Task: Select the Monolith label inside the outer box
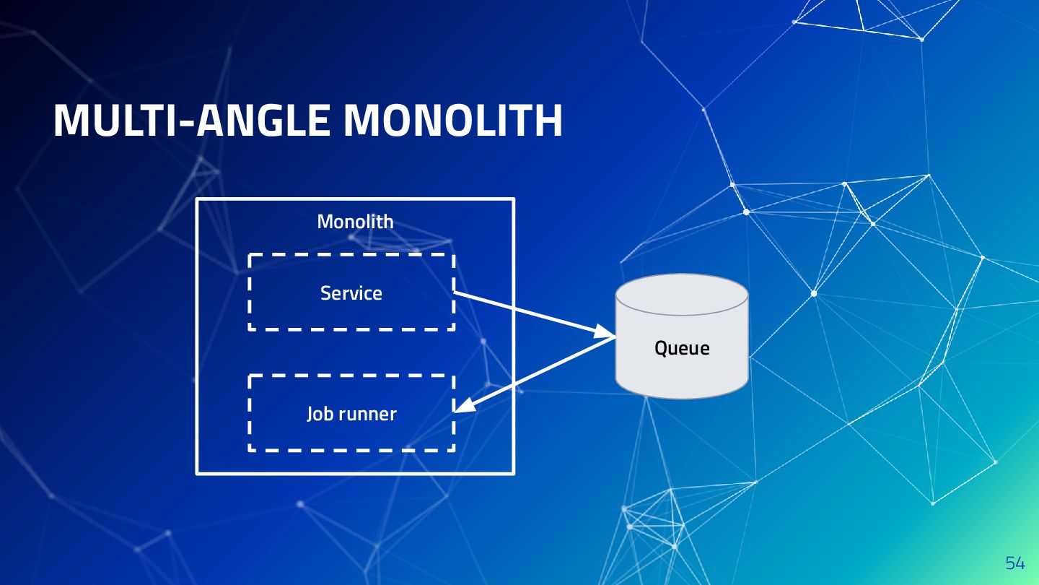coord(356,222)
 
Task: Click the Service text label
coord(351,293)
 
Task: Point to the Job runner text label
coord(351,414)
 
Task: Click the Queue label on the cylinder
coord(682,348)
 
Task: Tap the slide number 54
coord(1014,563)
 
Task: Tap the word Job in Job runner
coord(317,414)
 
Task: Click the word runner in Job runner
coord(367,414)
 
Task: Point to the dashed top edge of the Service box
coord(351,255)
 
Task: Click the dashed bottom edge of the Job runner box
coord(351,450)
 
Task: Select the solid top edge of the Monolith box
coord(356,199)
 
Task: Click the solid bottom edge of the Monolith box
coord(356,474)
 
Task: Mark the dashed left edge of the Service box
coord(250,292)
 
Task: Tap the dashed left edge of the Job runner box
coord(250,413)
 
